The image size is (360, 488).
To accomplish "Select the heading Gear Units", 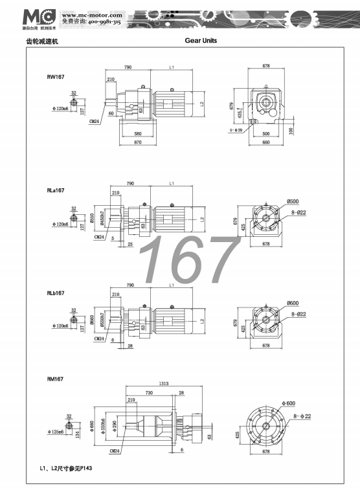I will (x=201, y=41).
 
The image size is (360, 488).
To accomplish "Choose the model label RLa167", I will (x=56, y=191).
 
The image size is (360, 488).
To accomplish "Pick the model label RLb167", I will (x=56, y=293).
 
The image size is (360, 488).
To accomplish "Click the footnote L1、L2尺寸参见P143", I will (x=65, y=467).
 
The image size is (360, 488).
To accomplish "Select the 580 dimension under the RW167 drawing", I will (x=138, y=134).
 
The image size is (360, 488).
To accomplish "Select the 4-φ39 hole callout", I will (x=240, y=129).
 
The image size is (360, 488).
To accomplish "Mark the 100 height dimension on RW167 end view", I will (x=292, y=131).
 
